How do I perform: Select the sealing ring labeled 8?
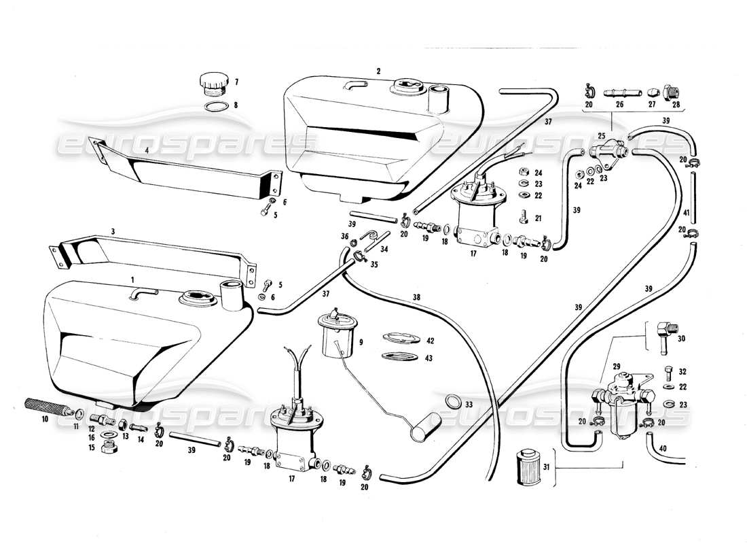click(x=215, y=106)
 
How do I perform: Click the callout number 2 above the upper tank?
click(x=378, y=71)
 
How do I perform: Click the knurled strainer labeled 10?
click(x=48, y=410)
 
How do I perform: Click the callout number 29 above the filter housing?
click(x=617, y=366)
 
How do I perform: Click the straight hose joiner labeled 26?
click(x=619, y=91)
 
